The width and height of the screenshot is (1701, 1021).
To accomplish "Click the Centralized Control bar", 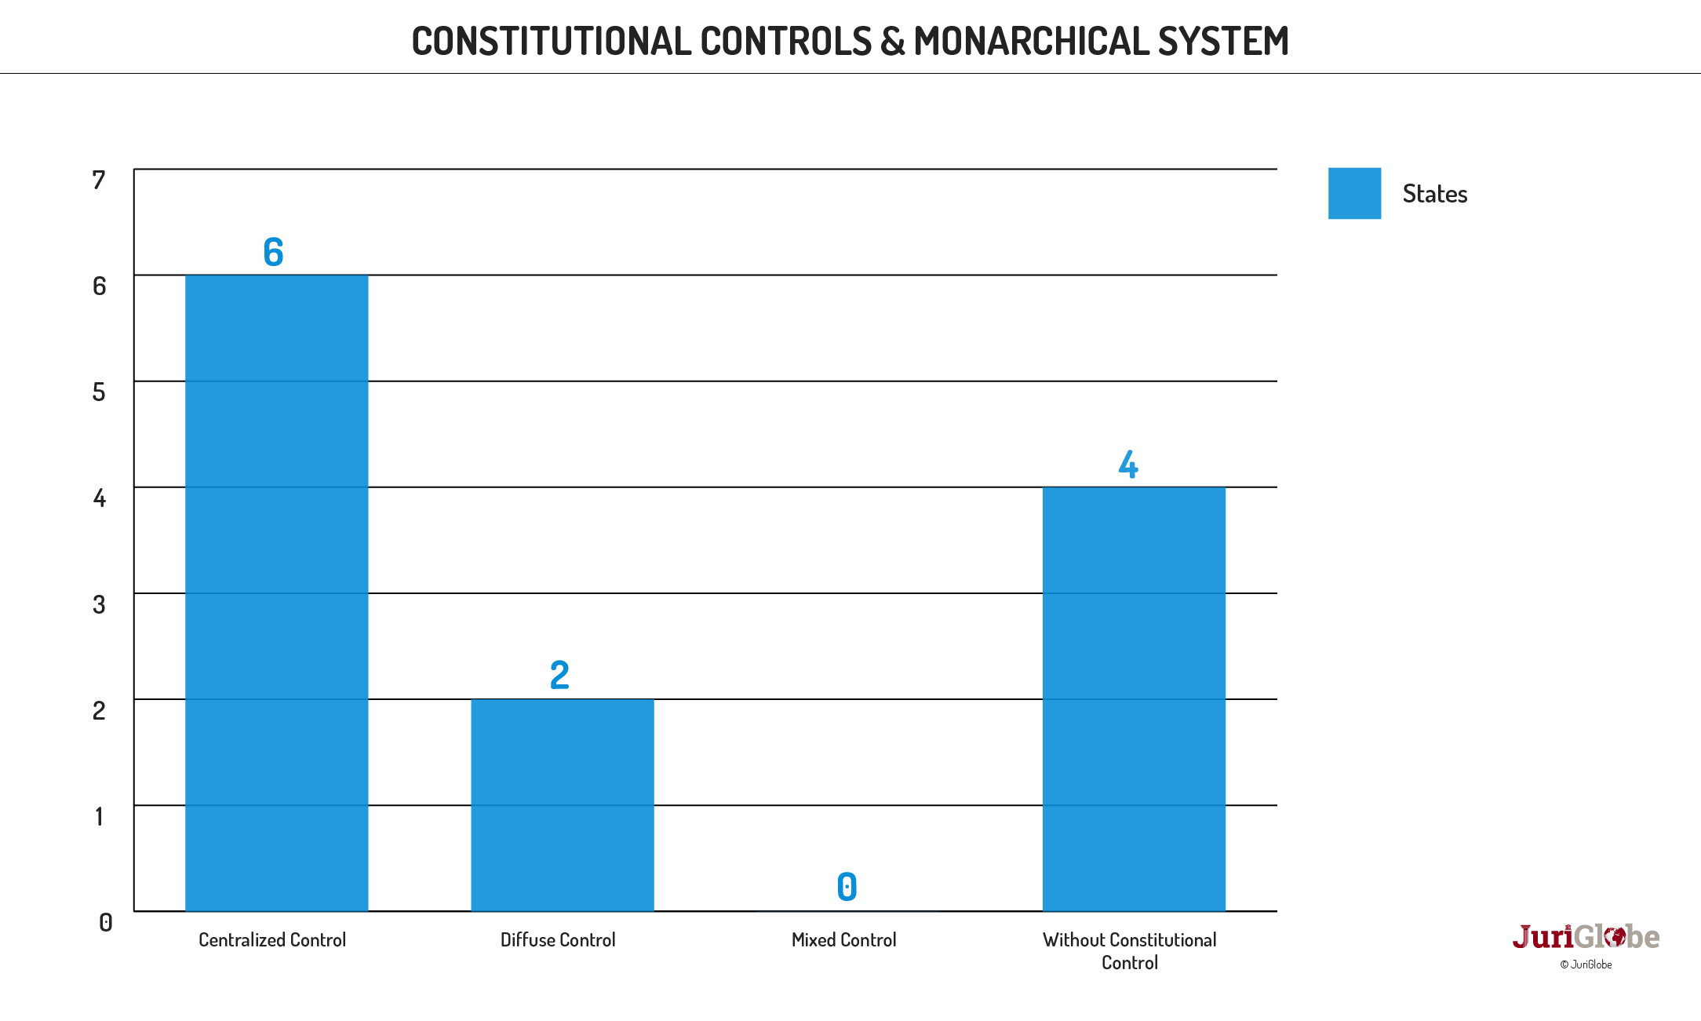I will point(276,593).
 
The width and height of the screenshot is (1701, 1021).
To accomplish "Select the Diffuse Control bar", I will point(562,804).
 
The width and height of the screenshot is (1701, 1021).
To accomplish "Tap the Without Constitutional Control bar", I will point(1134,698).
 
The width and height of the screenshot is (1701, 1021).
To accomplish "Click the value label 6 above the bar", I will point(273,252).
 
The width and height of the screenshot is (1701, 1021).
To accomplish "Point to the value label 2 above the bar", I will point(559,675).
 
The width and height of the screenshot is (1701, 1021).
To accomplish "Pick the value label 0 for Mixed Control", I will point(847,887).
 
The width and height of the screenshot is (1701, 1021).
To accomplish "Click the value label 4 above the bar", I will point(1128,464).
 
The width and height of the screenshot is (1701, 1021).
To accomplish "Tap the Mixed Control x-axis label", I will point(843,939).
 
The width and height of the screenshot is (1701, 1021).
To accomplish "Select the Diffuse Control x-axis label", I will point(558,939).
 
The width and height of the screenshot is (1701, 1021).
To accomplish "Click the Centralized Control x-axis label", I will point(272,939).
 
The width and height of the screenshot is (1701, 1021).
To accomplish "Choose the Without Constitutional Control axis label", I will point(1129,950).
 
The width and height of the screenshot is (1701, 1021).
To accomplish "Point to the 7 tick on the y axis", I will point(99,180).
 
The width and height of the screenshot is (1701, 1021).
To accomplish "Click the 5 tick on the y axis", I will point(99,392).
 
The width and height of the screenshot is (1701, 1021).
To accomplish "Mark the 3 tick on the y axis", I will point(99,604).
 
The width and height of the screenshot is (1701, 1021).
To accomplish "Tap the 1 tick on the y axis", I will point(99,816).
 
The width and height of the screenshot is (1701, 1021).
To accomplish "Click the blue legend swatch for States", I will point(1354,193).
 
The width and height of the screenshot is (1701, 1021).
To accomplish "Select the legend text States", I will point(1434,194).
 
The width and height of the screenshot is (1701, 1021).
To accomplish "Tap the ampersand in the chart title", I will point(892,41).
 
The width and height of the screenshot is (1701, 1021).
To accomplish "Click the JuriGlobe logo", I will point(1586,937).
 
